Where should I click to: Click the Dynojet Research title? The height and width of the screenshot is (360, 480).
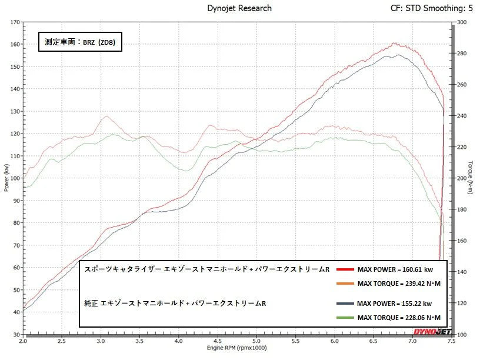239,8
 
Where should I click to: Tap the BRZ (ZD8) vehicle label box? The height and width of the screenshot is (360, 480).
80,42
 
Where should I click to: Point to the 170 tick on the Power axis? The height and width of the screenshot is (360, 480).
14,22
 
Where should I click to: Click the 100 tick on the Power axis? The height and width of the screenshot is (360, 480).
14,178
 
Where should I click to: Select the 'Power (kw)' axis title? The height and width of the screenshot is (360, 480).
6,178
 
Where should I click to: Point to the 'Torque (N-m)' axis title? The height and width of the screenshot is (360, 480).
471,178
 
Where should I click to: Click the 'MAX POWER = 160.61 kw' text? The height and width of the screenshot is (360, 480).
395,269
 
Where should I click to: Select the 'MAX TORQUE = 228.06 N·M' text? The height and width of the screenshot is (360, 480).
398,318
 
